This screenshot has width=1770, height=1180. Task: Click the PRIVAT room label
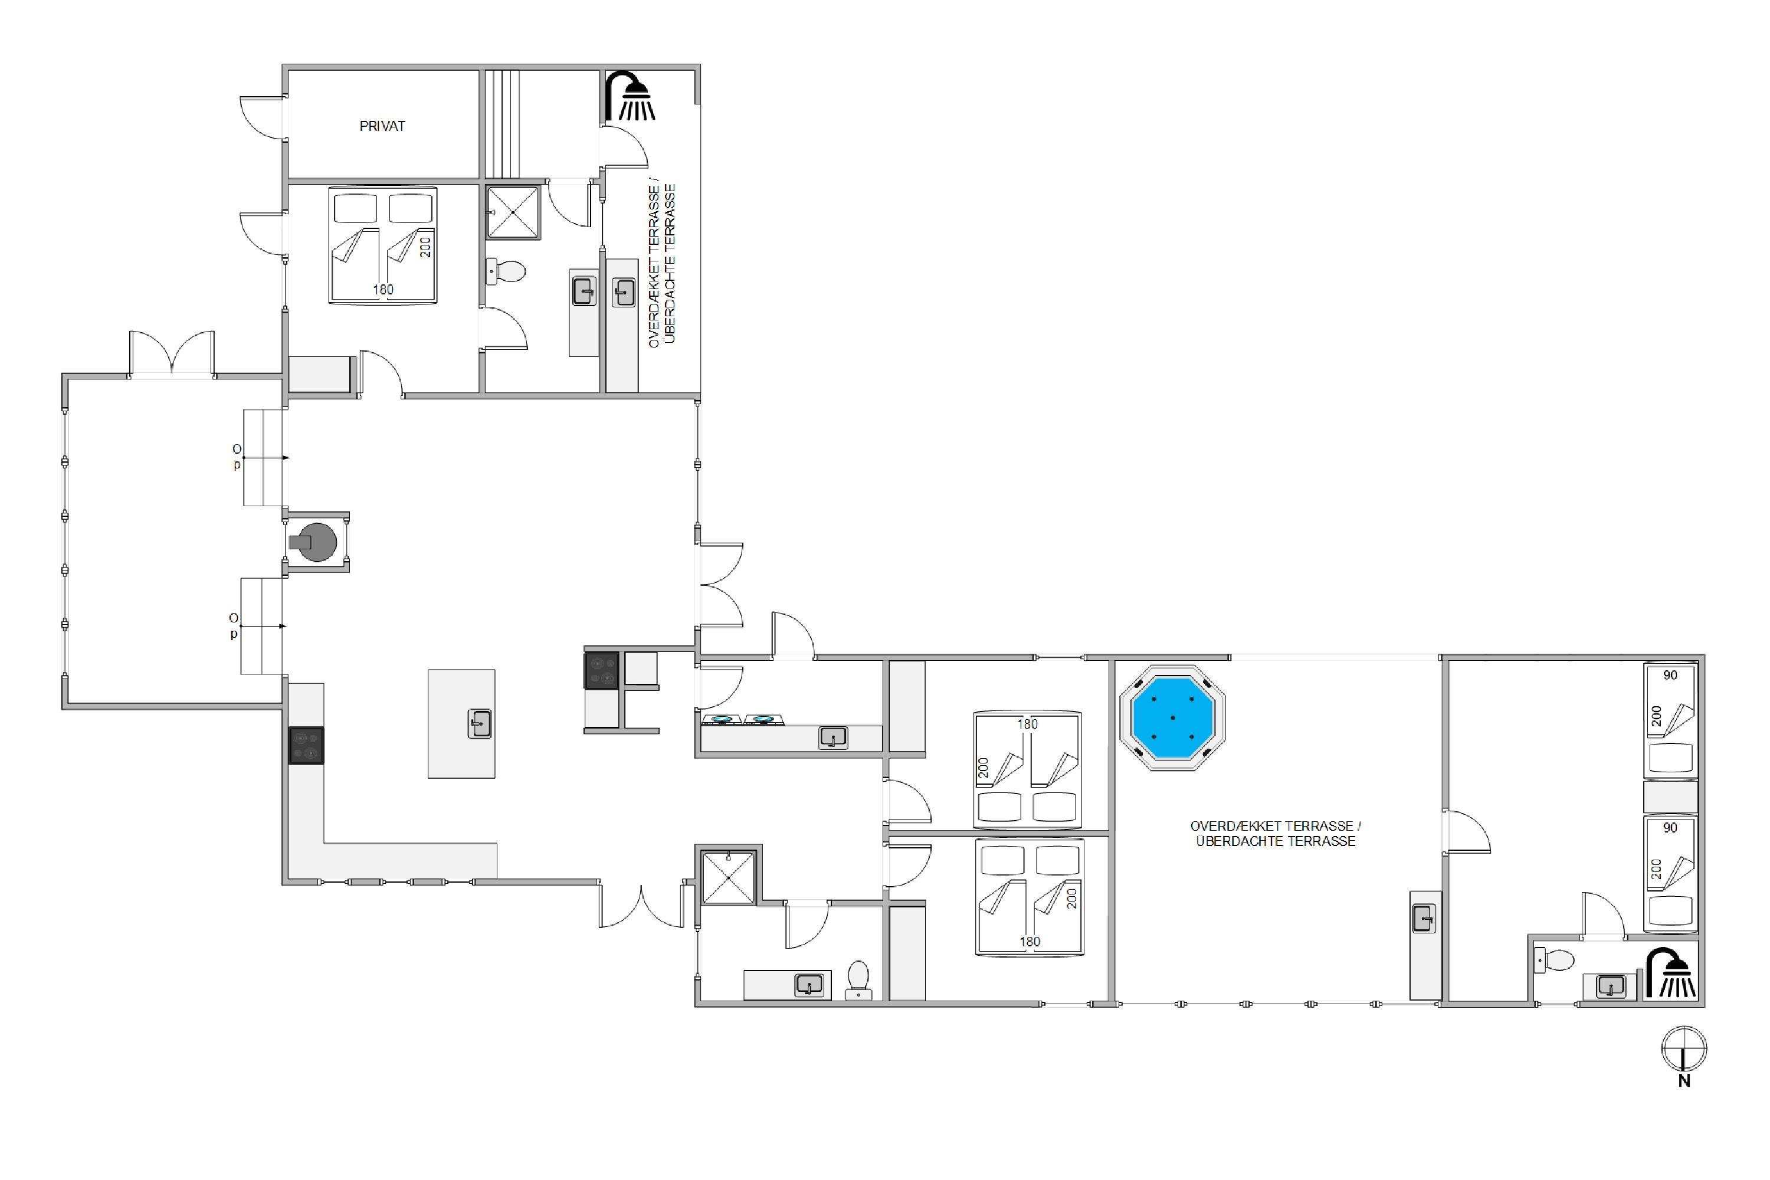pos(382,126)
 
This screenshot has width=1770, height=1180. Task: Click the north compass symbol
pos(1684,1049)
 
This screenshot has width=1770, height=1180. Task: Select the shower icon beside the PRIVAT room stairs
pos(631,96)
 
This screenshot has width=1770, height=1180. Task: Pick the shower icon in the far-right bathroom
pos(1671,972)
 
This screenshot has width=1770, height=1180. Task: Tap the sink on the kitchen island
pos(479,724)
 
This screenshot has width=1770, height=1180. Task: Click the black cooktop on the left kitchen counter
pos(306,746)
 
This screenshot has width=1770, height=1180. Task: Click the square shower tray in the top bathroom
pos(513,213)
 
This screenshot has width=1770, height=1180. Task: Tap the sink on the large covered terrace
pos(1423,919)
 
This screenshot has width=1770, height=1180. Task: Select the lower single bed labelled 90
pos(1671,873)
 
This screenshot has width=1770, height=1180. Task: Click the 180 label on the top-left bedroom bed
pos(383,290)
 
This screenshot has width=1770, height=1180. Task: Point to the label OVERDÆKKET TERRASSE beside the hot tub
pos(1276,827)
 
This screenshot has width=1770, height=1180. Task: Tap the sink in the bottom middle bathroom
pos(809,984)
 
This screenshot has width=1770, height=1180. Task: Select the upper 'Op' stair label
pos(237,457)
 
